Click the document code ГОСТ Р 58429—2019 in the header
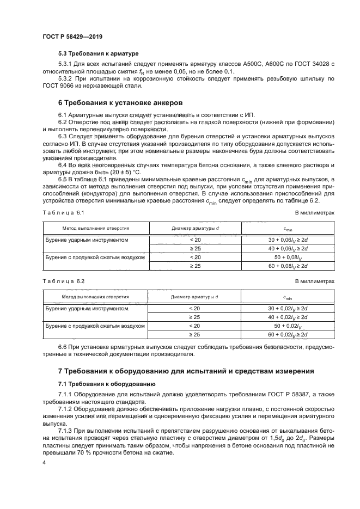click(72, 36)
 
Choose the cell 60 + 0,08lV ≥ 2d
click(288, 265)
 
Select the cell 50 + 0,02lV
click(288, 326)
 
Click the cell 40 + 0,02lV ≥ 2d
click(288, 317)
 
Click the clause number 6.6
click(63, 346)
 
